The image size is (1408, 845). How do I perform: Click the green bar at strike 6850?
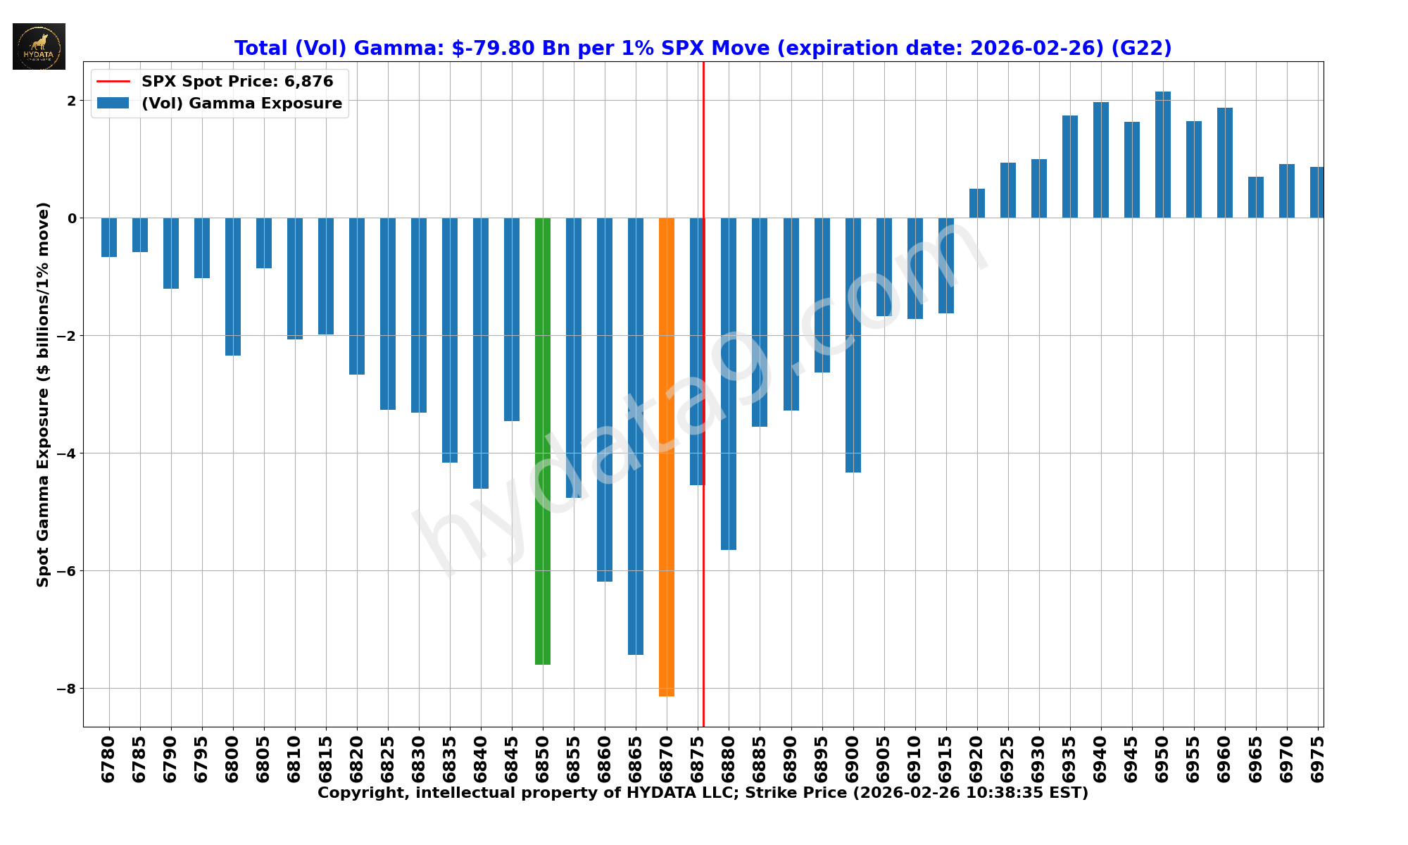pyautogui.click(x=543, y=441)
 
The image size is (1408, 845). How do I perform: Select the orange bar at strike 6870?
pyautogui.click(x=667, y=456)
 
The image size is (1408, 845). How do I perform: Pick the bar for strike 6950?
pyautogui.click(x=1162, y=155)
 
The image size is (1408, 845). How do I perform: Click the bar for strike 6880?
pyautogui.click(x=729, y=384)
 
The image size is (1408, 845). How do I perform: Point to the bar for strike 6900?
pyautogui.click(x=853, y=345)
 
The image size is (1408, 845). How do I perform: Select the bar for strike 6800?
pyautogui.click(x=233, y=287)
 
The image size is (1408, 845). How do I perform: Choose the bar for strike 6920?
pyautogui.click(x=976, y=204)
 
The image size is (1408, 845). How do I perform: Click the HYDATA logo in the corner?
pyautogui.click(x=39, y=46)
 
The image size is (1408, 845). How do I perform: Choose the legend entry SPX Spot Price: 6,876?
pyautogui.click(x=237, y=82)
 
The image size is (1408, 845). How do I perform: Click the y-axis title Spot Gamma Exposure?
pyautogui.click(x=44, y=394)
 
